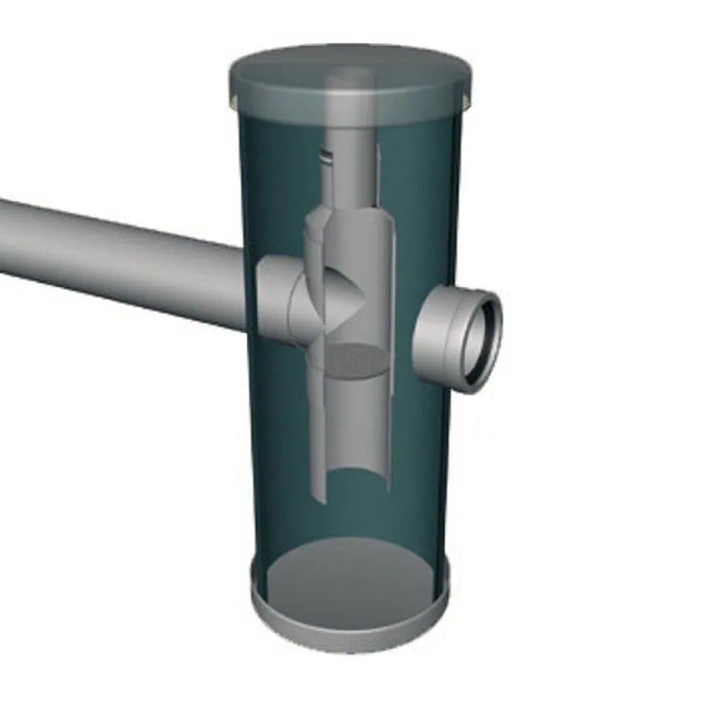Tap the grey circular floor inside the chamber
(348, 575)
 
